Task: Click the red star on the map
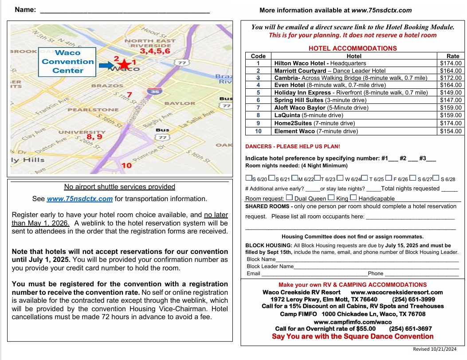tap(125, 64)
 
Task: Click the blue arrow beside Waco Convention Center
tap(106, 65)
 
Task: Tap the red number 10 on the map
tap(126, 166)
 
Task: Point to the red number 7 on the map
tap(129, 95)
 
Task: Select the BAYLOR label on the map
tap(180, 103)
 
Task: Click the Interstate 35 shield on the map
tap(155, 91)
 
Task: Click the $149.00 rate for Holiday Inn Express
tap(451, 93)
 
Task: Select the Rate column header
tap(453, 56)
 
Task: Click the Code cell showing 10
tap(258, 131)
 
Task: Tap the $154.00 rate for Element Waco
tap(451, 131)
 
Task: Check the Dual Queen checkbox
tap(289, 198)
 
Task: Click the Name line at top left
tap(125, 11)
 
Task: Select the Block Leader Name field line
tap(376, 266)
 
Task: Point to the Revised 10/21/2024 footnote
tap(434, 349)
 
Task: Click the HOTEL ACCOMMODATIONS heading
tap(353, 48)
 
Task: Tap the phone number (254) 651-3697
tap(410, 329)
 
